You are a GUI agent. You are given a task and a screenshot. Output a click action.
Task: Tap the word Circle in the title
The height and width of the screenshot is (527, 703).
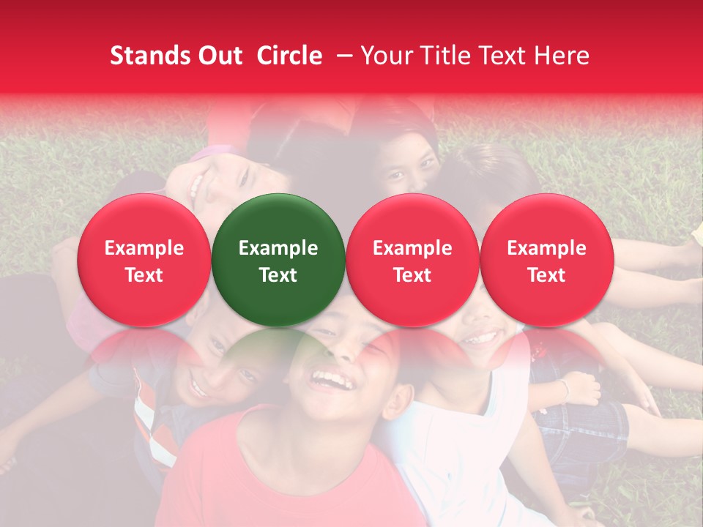point(289,56)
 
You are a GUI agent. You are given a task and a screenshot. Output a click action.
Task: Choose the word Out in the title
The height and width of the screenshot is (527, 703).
point(217,56)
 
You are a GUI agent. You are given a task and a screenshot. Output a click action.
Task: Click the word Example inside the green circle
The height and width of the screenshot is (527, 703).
point(278,248)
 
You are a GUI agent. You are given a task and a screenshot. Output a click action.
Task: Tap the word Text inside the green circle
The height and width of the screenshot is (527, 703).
point(278,275)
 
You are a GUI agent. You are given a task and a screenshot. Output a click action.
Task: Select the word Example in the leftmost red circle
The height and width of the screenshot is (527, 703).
point(144,248)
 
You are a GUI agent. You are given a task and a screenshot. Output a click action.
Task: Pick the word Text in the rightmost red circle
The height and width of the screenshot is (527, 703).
point(546,275)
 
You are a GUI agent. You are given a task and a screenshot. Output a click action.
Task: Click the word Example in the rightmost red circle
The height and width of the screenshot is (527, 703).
point(546,248)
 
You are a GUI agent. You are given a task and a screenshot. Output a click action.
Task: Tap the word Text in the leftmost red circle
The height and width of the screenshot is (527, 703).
point(144,275)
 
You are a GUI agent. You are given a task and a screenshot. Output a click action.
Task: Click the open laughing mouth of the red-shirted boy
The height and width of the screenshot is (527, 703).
point(329,380)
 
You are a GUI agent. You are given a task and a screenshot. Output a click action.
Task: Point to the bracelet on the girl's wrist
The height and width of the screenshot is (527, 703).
point(564,389)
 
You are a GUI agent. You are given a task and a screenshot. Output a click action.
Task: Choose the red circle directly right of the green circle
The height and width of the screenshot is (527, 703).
point(412,260)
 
